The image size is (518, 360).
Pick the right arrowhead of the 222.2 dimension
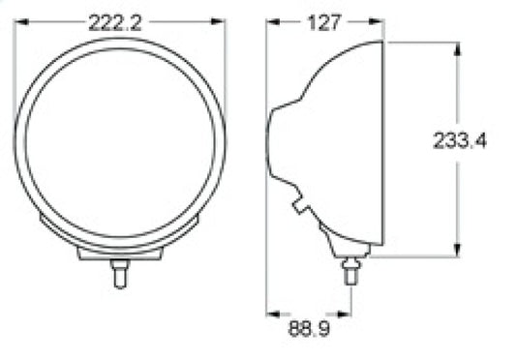pyautogui.click(x=221, y=23)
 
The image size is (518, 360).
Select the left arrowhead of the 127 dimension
pyautogui.click(x=273, y=22)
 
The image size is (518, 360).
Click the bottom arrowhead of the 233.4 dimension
pyautogui.click(x=454, y=251)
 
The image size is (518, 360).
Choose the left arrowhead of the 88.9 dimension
pyautogui.click(x=273, y=315)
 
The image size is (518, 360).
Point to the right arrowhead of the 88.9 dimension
pyautogui.click(x=345, y=315)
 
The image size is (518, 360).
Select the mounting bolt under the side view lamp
pyautogui.click(x=352, y=273)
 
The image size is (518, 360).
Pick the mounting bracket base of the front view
pyautogui.click(x=120, y=252)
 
